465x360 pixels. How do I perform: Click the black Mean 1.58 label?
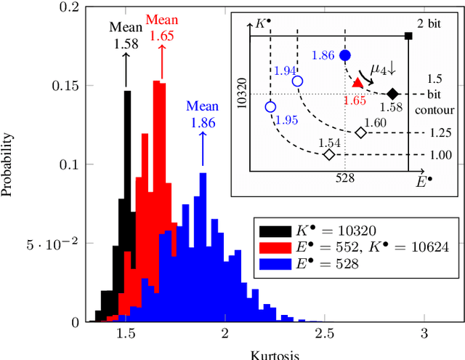[x=126, y=35]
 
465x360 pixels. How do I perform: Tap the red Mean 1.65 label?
[x=162, y=26]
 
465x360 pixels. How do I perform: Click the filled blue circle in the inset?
[x=345, y=55]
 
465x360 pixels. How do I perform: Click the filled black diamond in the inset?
[x=393, y=94]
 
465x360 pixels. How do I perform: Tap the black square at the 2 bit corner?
[x=409, y=36]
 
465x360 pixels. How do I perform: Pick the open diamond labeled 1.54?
[x=329, y=154]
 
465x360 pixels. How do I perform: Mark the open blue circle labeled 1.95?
[x=270, y=106]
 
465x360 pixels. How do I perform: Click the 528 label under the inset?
[x=344, y=177]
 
